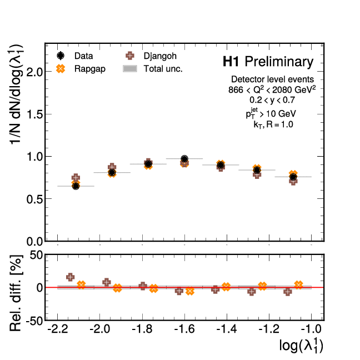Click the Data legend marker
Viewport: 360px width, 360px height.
tap(62, 56)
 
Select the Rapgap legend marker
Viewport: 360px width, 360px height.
tap(62, 69)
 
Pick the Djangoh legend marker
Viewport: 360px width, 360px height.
tap(130, 56)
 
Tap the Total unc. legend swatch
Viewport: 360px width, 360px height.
tap(130, 69)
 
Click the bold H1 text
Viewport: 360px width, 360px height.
tap(232, 62)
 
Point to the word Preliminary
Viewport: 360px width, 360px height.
tap(279, 62)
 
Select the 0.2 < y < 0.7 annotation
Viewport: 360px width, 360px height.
tap(272, 101)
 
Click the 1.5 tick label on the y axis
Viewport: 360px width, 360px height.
tap(34, 114)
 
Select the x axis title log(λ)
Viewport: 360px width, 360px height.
tap(301, 346)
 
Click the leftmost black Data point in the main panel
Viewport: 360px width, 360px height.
tap(76, 186)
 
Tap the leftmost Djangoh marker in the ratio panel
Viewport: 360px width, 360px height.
tap(71, 277)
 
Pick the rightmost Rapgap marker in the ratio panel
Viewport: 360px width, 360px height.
tap(298, 285)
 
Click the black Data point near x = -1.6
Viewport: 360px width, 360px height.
tap(184, 159)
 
